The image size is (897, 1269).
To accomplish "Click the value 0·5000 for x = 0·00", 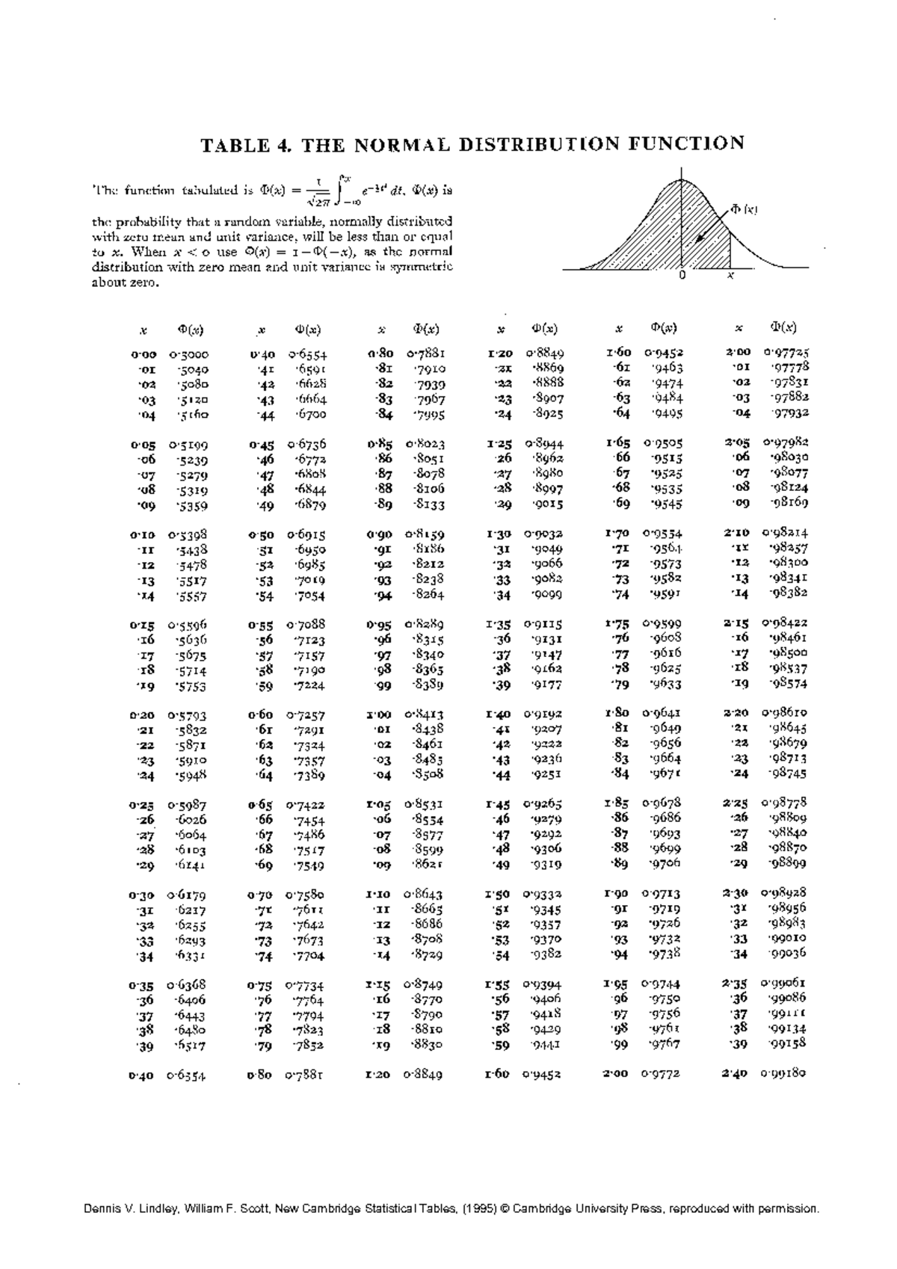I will pos(188,354).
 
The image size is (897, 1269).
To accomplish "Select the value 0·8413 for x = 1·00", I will pos(425,714).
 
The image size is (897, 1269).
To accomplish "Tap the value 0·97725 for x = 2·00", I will pos(786,351).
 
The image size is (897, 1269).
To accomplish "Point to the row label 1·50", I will pos(497,894).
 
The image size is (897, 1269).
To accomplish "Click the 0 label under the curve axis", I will pos(682,276).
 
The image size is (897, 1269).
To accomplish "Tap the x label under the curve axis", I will pos(730,276).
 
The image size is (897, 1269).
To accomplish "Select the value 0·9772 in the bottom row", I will pos(660,1074).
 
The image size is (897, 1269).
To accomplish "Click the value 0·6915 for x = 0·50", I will pos(306,535).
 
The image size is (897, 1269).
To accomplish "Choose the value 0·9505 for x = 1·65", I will pos(662,442).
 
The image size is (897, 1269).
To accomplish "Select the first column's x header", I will pos(143,330).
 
